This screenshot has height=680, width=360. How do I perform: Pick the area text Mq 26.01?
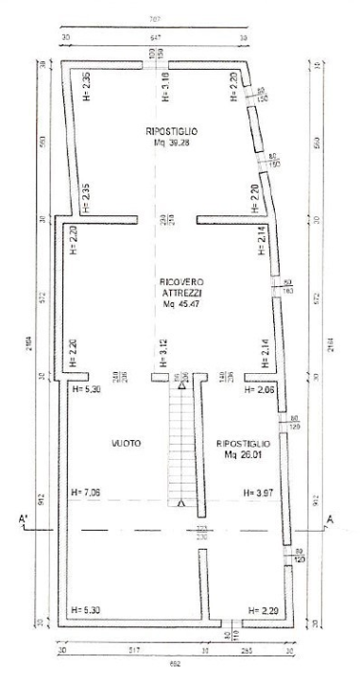point(244,453)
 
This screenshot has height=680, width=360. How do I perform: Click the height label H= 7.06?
point(86,492)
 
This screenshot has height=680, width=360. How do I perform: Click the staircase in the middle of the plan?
point(180,444)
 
